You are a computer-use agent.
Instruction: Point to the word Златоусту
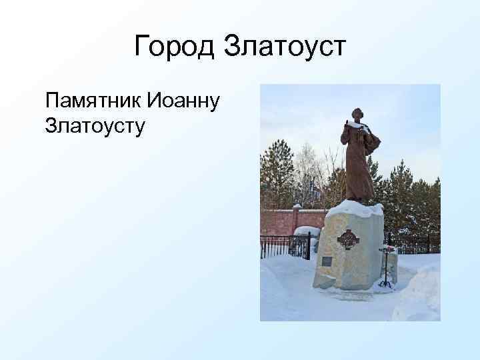(x=95, y=125)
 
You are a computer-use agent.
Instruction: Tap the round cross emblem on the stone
(x=348, y=238)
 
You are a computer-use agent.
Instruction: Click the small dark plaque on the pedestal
(x=327, y=261)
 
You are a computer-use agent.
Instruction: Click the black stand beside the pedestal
(x=387, y=267)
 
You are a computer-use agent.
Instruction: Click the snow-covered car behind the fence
(x=307, y=233)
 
